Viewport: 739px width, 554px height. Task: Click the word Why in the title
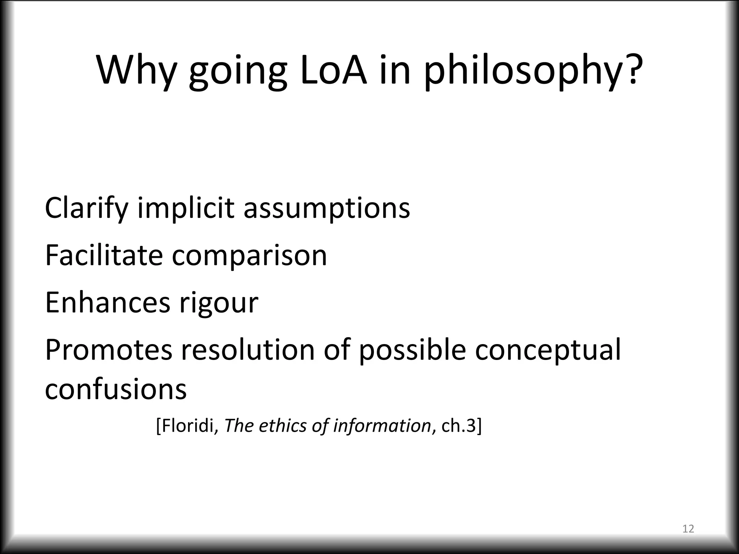(x=136, y=70)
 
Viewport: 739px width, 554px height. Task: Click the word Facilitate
(x=104, y=255)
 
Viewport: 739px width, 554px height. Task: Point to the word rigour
(x=219, y=304)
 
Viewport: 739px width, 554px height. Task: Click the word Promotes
(x=109, y=350)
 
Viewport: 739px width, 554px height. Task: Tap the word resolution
(x=248, y=350)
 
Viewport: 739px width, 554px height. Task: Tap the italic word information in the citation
(x=382, y=426)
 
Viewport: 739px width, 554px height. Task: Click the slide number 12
(x=688, y=529)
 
